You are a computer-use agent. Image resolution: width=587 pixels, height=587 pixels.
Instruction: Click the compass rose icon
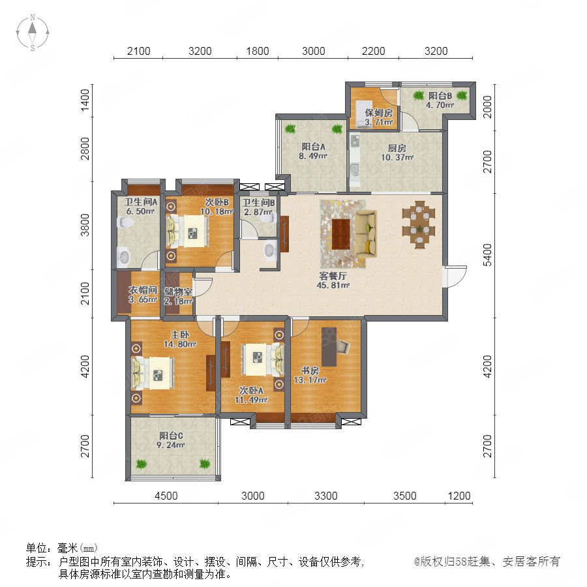click(x=33, y=33)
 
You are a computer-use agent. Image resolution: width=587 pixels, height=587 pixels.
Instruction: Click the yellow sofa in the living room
click(x=366, y=233)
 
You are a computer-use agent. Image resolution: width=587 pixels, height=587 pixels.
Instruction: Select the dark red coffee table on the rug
click(x=340, y=234)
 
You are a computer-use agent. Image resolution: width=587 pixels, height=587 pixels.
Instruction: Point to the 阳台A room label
click(x=313, y=147)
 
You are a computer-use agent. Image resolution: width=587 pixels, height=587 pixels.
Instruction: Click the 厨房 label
click(x=397, y=148)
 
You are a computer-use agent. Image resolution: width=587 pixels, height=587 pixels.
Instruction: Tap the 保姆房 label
click(x=378, y=113)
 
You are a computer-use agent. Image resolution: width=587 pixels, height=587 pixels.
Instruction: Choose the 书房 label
click(x=310, y=370)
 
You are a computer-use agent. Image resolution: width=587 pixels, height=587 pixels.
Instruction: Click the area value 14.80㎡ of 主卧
click(x=180, y=344)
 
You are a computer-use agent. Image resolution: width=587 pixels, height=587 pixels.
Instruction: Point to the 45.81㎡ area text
click(x=333, y=285)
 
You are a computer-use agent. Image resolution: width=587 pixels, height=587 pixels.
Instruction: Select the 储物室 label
click(x=178, y=292)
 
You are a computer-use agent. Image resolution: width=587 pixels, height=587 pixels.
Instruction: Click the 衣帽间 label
click(x=143, y=290)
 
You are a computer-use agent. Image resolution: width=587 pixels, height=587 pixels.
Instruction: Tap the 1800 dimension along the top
click(x=258, y=51)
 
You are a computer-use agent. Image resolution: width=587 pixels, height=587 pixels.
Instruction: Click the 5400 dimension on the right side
click(x=487, y=255)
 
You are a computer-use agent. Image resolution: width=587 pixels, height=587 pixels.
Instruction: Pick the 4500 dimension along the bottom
click(x=166, y=496)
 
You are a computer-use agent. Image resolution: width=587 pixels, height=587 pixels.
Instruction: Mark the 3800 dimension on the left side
click(x=85, y=225)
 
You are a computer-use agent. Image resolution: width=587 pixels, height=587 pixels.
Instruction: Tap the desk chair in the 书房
click(x=344, y=346)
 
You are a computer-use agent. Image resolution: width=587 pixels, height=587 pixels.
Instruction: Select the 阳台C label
click(x=171, y=436)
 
